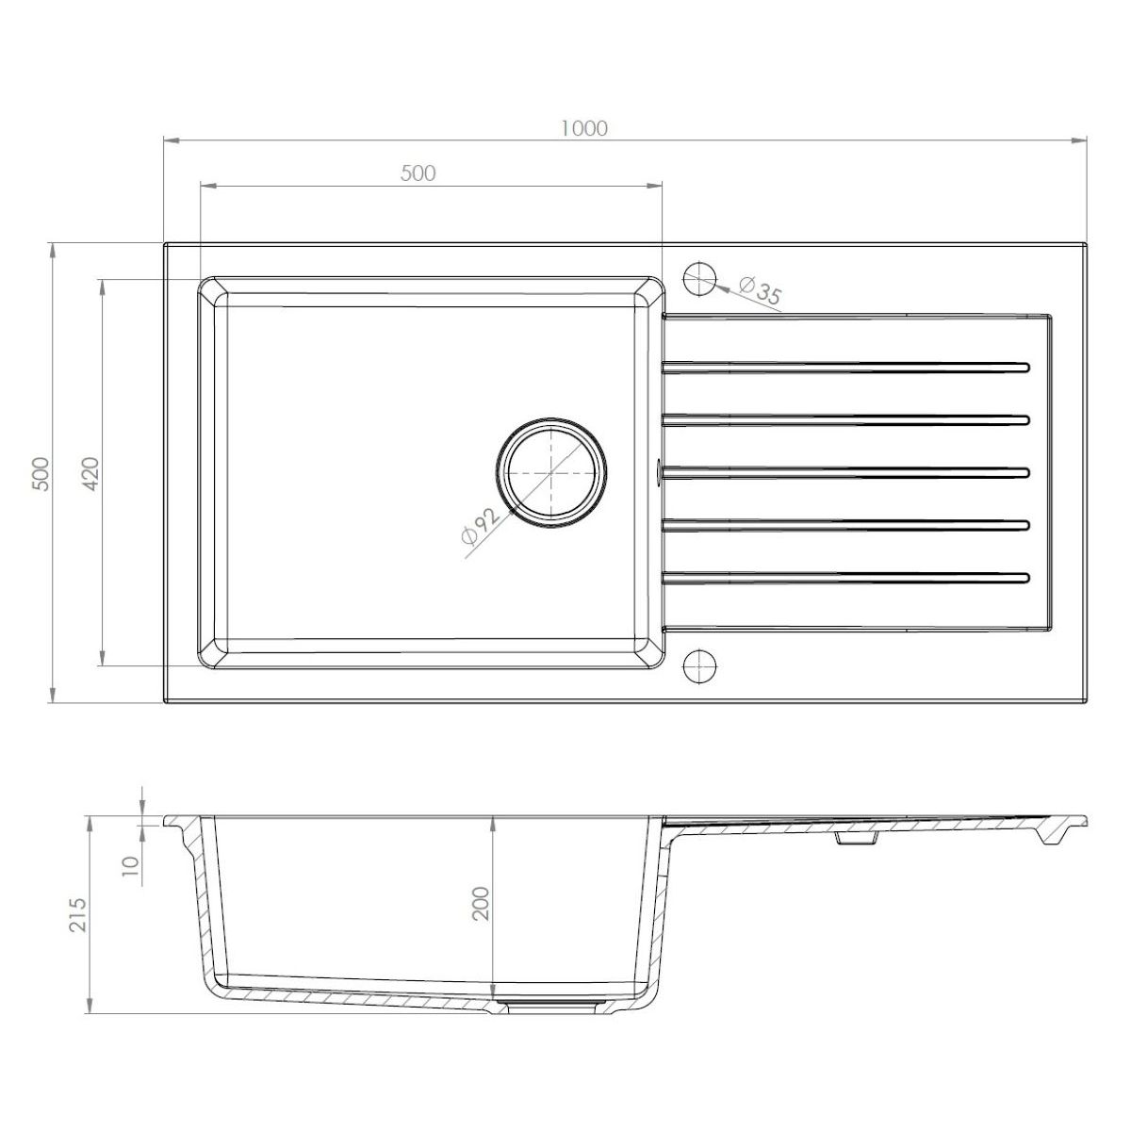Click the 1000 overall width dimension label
584,128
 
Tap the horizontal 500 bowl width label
418,173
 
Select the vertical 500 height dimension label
42,474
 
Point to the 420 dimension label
90,474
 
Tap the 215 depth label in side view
78,914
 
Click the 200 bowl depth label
480,903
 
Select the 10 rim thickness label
130,866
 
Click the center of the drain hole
551,473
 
